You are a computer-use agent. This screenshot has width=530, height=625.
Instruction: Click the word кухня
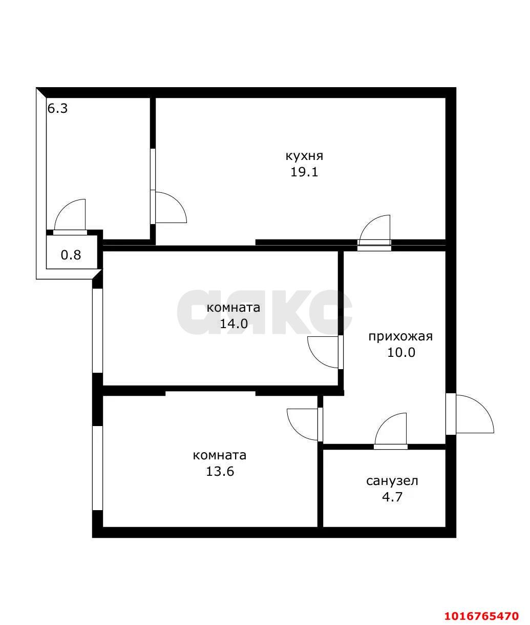pyautogui.click(x=304, y=156)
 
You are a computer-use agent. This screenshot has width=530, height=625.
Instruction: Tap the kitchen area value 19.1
pyautogui.click(x=304, y=172)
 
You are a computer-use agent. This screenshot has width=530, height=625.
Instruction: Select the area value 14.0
pyautogui.click(x=234, y=324)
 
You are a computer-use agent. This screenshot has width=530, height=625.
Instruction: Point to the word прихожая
pyautogui.click(x=400, y=336)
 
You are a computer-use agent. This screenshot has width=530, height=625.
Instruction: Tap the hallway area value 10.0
pyautogui.click(x=400, y=353)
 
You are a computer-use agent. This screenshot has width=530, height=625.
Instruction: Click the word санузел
pyautogui.click(x=392, y=481)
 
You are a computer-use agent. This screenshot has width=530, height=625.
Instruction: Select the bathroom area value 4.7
pyautogui.click(x=392, y=497)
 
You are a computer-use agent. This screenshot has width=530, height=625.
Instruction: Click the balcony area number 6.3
pyautogui.click(x=57, y=109)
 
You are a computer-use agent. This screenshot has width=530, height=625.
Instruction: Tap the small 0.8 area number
pyautogui.click(x=71, y=254)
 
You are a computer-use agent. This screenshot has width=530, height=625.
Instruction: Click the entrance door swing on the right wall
pyautogui.click(x=472, y=414)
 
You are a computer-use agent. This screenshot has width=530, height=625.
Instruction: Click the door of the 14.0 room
pyautogui.click(x=324, y=352)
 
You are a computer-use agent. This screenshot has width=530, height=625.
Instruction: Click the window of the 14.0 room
pyautogui.click(x=97, y=330)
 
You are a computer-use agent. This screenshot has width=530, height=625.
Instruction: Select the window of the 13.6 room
pyautogui.click(x=97, y=468)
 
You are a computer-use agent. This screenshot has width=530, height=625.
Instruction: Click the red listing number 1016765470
pyautogui.click(x=481, y=616)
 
